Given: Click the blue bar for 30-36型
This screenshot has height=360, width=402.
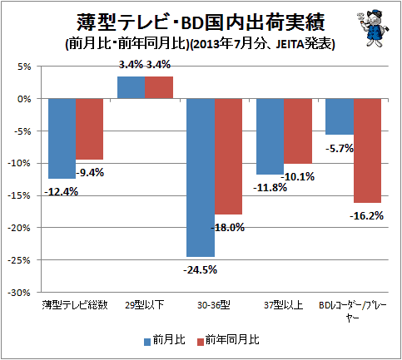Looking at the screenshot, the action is click(x=201, y=178).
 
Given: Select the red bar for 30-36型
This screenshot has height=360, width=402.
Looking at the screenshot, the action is click(x=228, y=156).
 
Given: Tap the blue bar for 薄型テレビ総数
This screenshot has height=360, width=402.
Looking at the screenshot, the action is click(x=62, y=139).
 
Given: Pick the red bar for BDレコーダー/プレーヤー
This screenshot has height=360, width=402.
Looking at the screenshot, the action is click(x=367, y=150).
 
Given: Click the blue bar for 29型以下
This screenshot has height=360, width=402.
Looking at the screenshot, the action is click(x=131, y=87).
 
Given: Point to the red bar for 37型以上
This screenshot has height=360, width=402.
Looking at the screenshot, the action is click(x=298, y=131).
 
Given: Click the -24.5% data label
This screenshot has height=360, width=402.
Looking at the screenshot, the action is click(x=200, y=270).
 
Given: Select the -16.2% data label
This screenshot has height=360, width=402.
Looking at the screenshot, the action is click(x=366, y=215).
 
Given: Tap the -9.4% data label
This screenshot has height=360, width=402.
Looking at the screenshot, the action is click(x=90, y=173).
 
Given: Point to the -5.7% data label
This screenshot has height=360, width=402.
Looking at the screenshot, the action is click(x=340, y=149).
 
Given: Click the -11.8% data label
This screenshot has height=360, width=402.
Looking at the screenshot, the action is click(x=270, y=188).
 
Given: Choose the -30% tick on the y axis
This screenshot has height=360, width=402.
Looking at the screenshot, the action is click(x=19, y=293).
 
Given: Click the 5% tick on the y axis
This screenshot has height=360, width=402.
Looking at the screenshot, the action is click(x=24, y=67).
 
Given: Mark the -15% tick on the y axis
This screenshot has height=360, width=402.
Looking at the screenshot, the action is click(x=19, y=196).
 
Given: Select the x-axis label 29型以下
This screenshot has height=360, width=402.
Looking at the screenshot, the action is click(x=144, y=305).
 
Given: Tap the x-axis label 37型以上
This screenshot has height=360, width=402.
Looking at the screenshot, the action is click(x=283, y=305).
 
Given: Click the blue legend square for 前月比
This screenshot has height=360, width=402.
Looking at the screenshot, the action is click(x=147, y=342).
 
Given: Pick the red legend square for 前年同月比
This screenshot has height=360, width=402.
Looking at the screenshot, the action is click(x=201, y=342).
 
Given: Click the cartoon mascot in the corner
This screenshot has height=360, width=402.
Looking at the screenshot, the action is click(x=373, y=28).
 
